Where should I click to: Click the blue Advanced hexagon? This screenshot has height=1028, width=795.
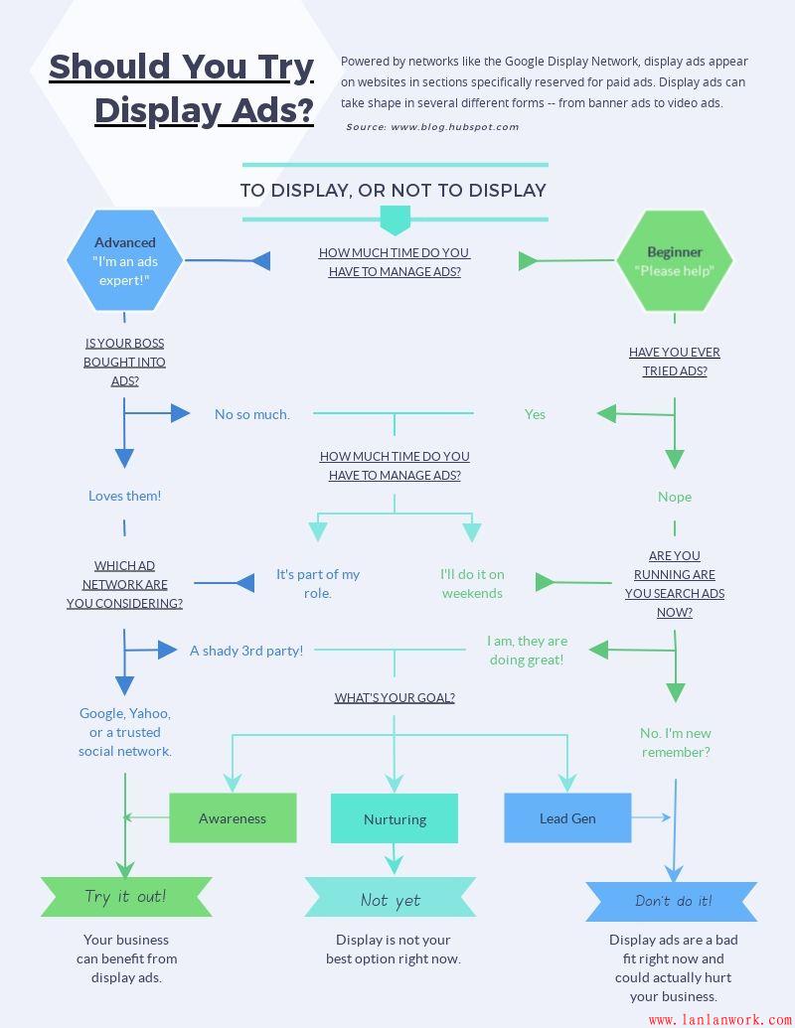pos(124,260)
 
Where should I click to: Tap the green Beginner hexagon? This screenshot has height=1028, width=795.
pos(675,260)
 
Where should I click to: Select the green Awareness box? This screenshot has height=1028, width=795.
pos(233,817)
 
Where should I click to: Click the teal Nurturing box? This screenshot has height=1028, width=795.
pos(395,818)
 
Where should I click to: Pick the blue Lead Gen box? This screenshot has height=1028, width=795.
pos(567,817)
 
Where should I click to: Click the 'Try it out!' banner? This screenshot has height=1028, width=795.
pos(126,897)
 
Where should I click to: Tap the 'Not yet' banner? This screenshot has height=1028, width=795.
pos(391,900)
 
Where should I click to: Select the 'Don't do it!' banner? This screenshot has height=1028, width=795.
pos(673,901)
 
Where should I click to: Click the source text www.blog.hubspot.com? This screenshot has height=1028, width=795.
pos(432,127)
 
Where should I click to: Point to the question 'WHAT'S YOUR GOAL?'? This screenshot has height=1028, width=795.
pos(395,697)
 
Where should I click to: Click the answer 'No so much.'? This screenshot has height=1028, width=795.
pos(252,414)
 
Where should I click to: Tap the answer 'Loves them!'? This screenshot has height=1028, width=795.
pos(124,496)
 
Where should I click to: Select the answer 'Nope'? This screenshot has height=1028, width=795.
pos(675,497)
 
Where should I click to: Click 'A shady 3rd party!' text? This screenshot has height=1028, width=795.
pos(246,651)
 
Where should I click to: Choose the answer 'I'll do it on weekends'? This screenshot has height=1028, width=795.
pos(472,583)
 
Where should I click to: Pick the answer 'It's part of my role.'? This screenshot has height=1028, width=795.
pos(318,583)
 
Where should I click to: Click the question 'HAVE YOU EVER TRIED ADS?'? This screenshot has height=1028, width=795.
pos(675,362)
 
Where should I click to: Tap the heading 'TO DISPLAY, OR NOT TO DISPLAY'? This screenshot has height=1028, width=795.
pos(394,190)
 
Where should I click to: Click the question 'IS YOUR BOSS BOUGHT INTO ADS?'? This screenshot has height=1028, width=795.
pos(124,362)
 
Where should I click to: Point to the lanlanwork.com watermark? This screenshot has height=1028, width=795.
pos(719,1019)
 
